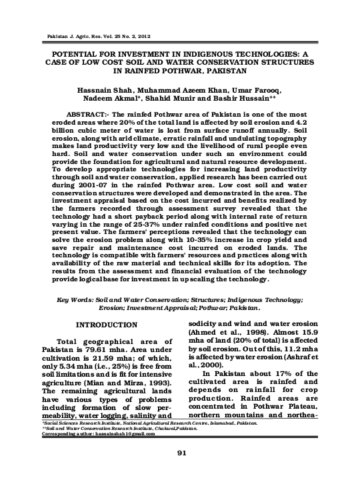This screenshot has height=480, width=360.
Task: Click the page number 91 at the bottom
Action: tap(181, 454)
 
